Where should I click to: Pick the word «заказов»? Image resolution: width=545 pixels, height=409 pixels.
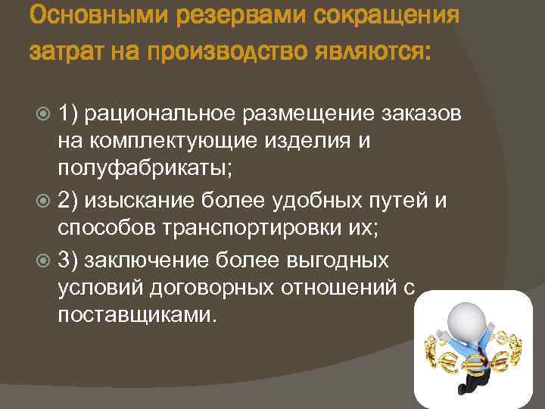point(428,114)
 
